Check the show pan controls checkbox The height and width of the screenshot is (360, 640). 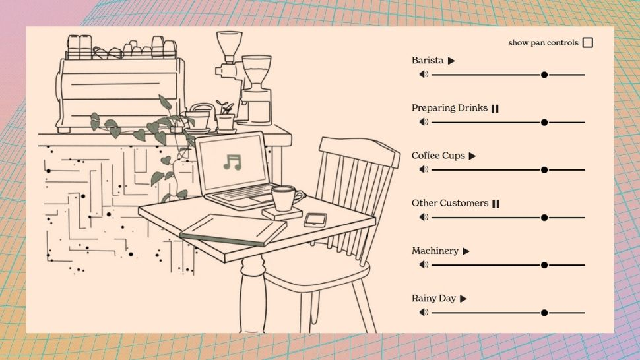point(588,42)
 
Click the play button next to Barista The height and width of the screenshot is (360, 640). point(451,61)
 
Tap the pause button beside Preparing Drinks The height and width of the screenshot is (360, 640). point(495,108)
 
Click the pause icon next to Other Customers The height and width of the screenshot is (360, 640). point(496,204)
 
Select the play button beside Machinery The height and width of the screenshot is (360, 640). point(466,251)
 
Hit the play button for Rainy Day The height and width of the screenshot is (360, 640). point(463,299)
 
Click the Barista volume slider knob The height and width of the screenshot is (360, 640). point(544,75)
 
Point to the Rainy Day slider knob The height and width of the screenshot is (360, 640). point(544,313)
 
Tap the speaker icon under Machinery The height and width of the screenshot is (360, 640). point(424,264)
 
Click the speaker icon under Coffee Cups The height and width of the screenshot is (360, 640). point(424,169)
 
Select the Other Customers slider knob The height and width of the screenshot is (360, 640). point(544,218)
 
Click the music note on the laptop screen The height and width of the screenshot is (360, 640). point(233,162)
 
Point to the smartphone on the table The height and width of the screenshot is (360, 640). point(315,220)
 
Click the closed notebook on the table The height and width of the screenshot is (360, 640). point(233,229)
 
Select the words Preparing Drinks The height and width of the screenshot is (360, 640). point(449,108)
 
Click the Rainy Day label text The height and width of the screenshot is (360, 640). point(433,299)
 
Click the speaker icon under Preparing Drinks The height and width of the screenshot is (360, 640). point(424,121)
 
